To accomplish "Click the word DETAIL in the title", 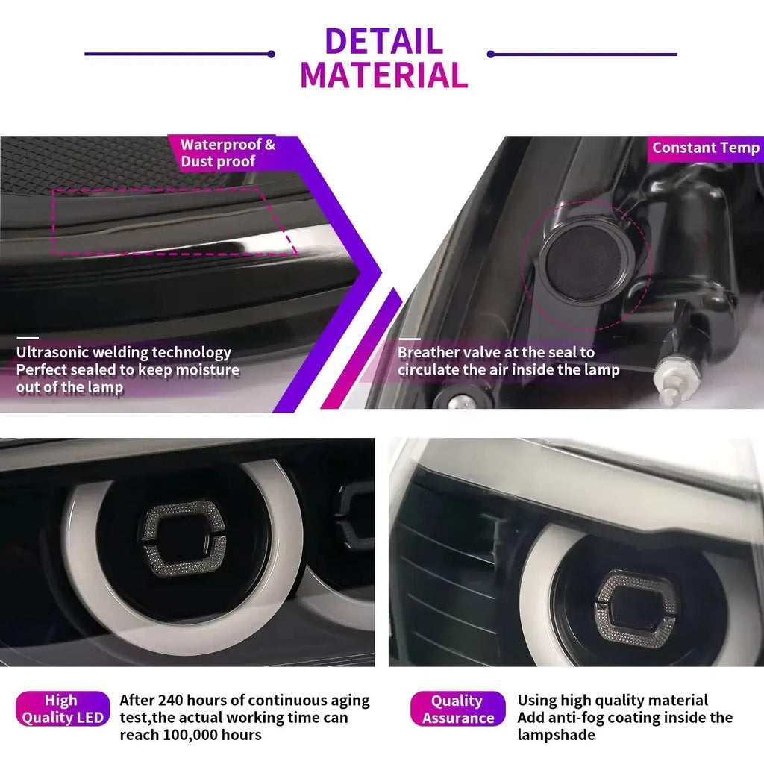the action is pyautogui.click(x=384, y=41).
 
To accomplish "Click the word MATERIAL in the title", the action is pyautogui.click(x=384, y=75).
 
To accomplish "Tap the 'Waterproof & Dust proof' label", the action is pyautogui.click(x=228, y=153).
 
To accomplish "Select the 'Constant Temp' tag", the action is pyautogui.click(x=706, y=148).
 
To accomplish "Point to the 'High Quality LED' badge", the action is pyautogui.click(x=63, y=709).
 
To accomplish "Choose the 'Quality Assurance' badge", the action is pyautogui.click(x=457, y=709).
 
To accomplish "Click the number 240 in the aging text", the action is pyautogui.click(x=171, y=700).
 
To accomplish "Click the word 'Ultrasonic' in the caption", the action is pyautogui.click(x=52, y=352).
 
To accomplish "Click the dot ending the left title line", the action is pyautogui.click(x=272, y=54).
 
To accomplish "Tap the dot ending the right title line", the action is pyautogui.click(x=491, y=54).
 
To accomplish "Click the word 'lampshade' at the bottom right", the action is pyautogui.click(x=557, y=735).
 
